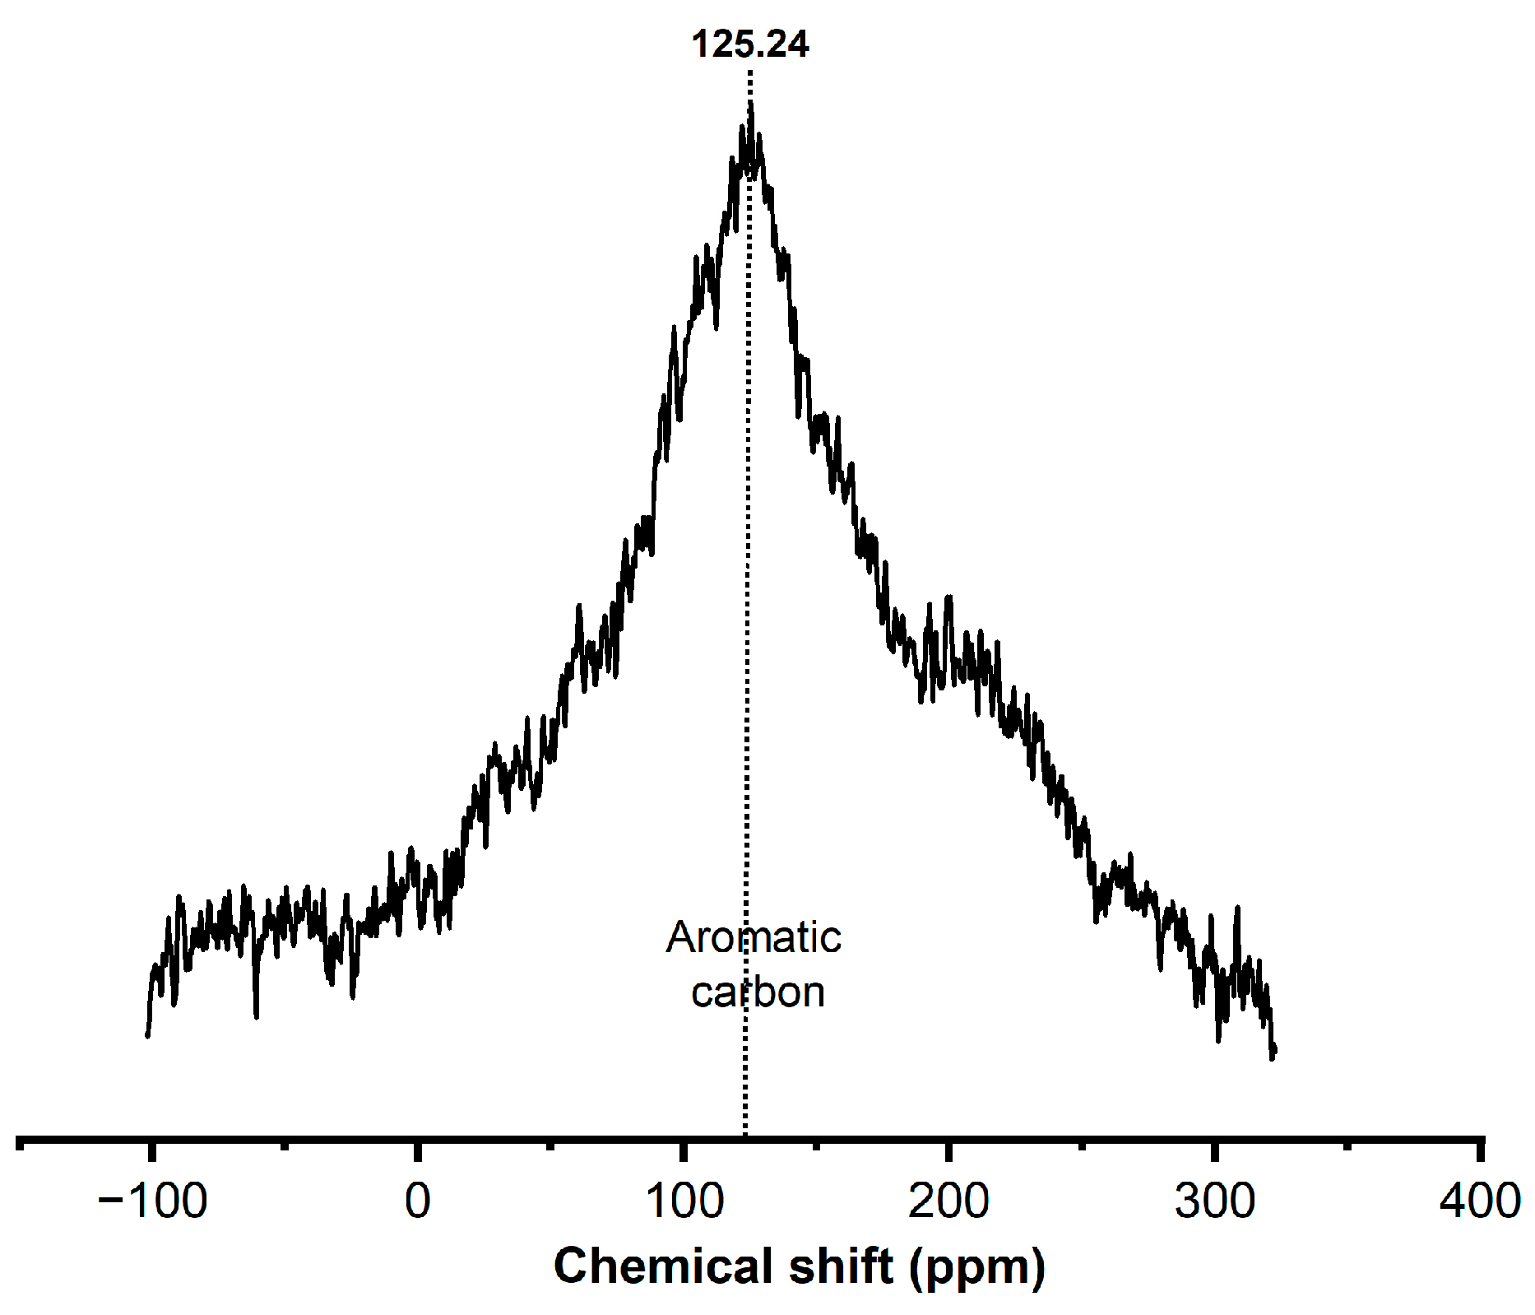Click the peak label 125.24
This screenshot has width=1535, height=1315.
point(749,44)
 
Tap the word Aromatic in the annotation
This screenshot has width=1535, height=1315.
point(754,937)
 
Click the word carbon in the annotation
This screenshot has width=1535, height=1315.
point(758,992)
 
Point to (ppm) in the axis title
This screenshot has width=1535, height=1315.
point(977,1267)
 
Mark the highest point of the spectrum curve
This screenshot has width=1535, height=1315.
point(750,103)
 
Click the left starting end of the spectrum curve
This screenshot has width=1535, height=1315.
point(148,1034)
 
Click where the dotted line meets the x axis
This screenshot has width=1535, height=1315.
point(745,1139)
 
